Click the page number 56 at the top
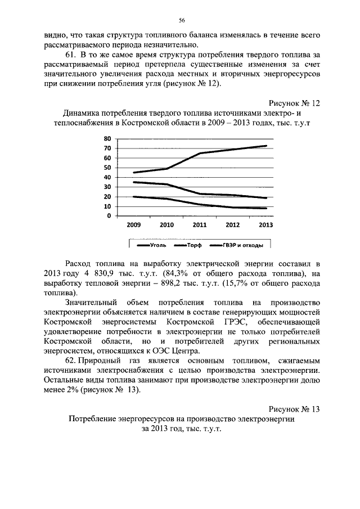pos(182,20)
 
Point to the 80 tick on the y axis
pos(107,138)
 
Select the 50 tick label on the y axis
pos(107,168)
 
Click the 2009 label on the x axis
pos(133,225)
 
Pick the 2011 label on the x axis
pos(200,225)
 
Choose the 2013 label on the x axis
pos(266,225)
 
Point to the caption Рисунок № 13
pos(294,409)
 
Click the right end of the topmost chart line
pos(266,146)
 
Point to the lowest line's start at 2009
pos(133,197)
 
